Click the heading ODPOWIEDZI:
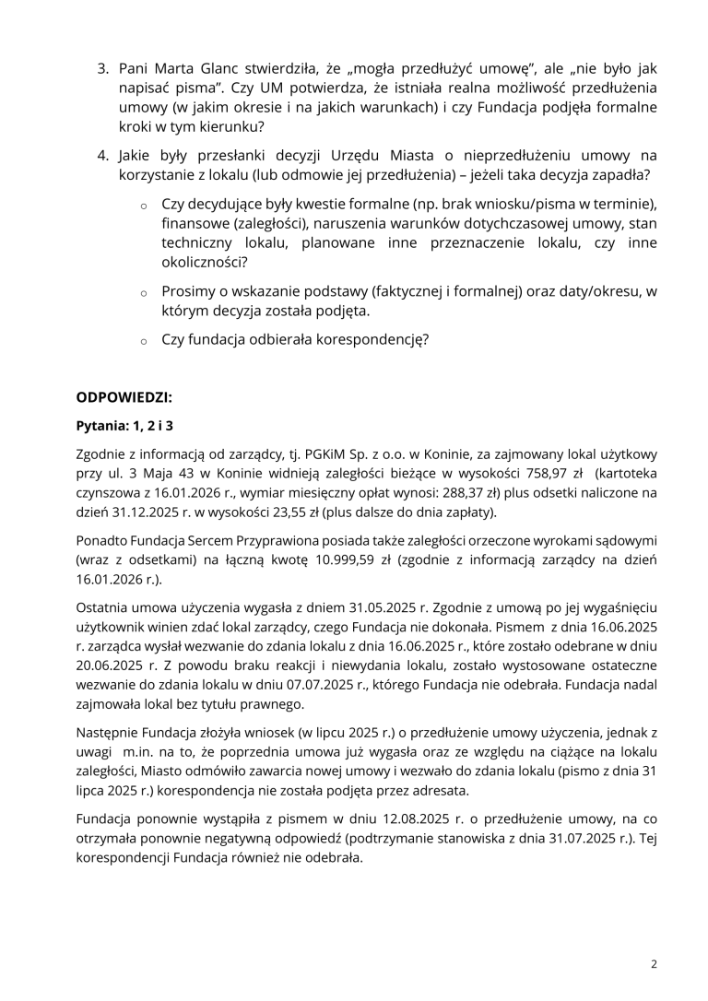click(x=124, y=398)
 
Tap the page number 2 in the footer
click(x=654, y=964)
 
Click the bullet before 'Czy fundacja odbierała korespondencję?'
click(x=145, y=340)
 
